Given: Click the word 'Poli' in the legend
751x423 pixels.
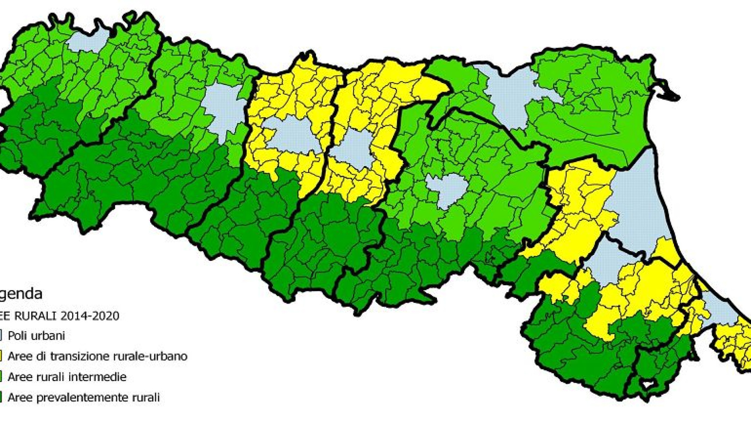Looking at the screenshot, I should (17, 336).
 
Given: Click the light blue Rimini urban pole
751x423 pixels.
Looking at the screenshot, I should (720, 309).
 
